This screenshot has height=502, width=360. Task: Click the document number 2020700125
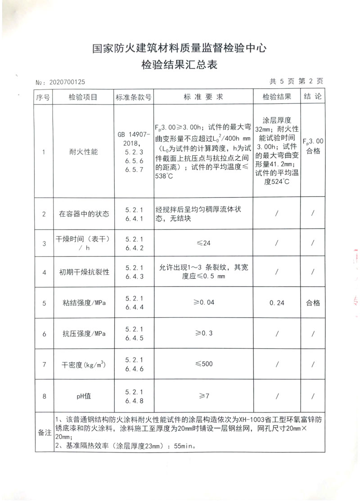[x=67, y=82]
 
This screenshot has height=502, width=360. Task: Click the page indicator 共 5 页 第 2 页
[x=296, y=81]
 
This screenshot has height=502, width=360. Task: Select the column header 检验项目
[x=82, y=97]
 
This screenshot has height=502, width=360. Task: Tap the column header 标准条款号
[x=133, y=97]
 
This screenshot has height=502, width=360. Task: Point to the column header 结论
[x=313, y=97]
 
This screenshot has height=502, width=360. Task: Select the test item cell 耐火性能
[x=82, y=152]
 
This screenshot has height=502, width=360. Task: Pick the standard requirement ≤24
[x=203, y=243]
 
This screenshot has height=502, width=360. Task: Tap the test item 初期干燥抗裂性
[x=82, y=273]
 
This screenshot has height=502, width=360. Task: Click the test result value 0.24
[x=277, y=303]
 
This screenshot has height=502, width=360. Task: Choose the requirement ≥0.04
[x=203, y=303]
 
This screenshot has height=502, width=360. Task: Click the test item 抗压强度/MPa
[x=82, y=334]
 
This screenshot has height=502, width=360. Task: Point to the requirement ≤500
[x=203, y=363]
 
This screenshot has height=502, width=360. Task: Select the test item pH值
[x=82, y=396]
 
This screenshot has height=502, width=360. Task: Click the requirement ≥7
[x=203, y=396]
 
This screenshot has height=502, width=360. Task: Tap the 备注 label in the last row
[x=44, y=432]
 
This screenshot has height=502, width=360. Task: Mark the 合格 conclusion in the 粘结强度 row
[x=313, y=303]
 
